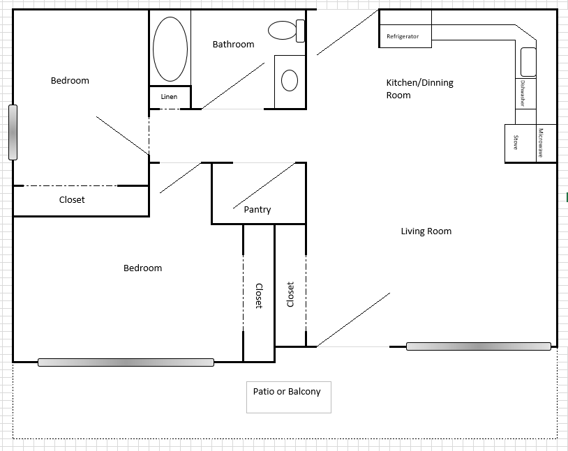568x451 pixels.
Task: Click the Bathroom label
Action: [233, 45]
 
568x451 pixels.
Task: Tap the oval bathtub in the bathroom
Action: [170, 49]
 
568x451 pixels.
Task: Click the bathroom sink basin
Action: [290, 82]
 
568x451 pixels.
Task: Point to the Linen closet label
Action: [169, 97]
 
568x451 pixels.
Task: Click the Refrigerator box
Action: [405, 37]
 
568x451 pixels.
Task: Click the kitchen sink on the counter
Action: [528, 61]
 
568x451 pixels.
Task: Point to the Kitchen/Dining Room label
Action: [419, 89]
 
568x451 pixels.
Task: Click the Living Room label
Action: [426, 231]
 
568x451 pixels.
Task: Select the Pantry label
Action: [257, 210]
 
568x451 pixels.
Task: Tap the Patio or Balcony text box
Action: [288, 397]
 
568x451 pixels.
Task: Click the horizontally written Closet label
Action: [72, 200]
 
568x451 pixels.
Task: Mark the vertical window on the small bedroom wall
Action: [12, 132]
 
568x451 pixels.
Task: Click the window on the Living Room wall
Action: [479, 346]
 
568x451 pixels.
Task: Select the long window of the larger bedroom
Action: [126, 362]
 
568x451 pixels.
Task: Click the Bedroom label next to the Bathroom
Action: [70, 81]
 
